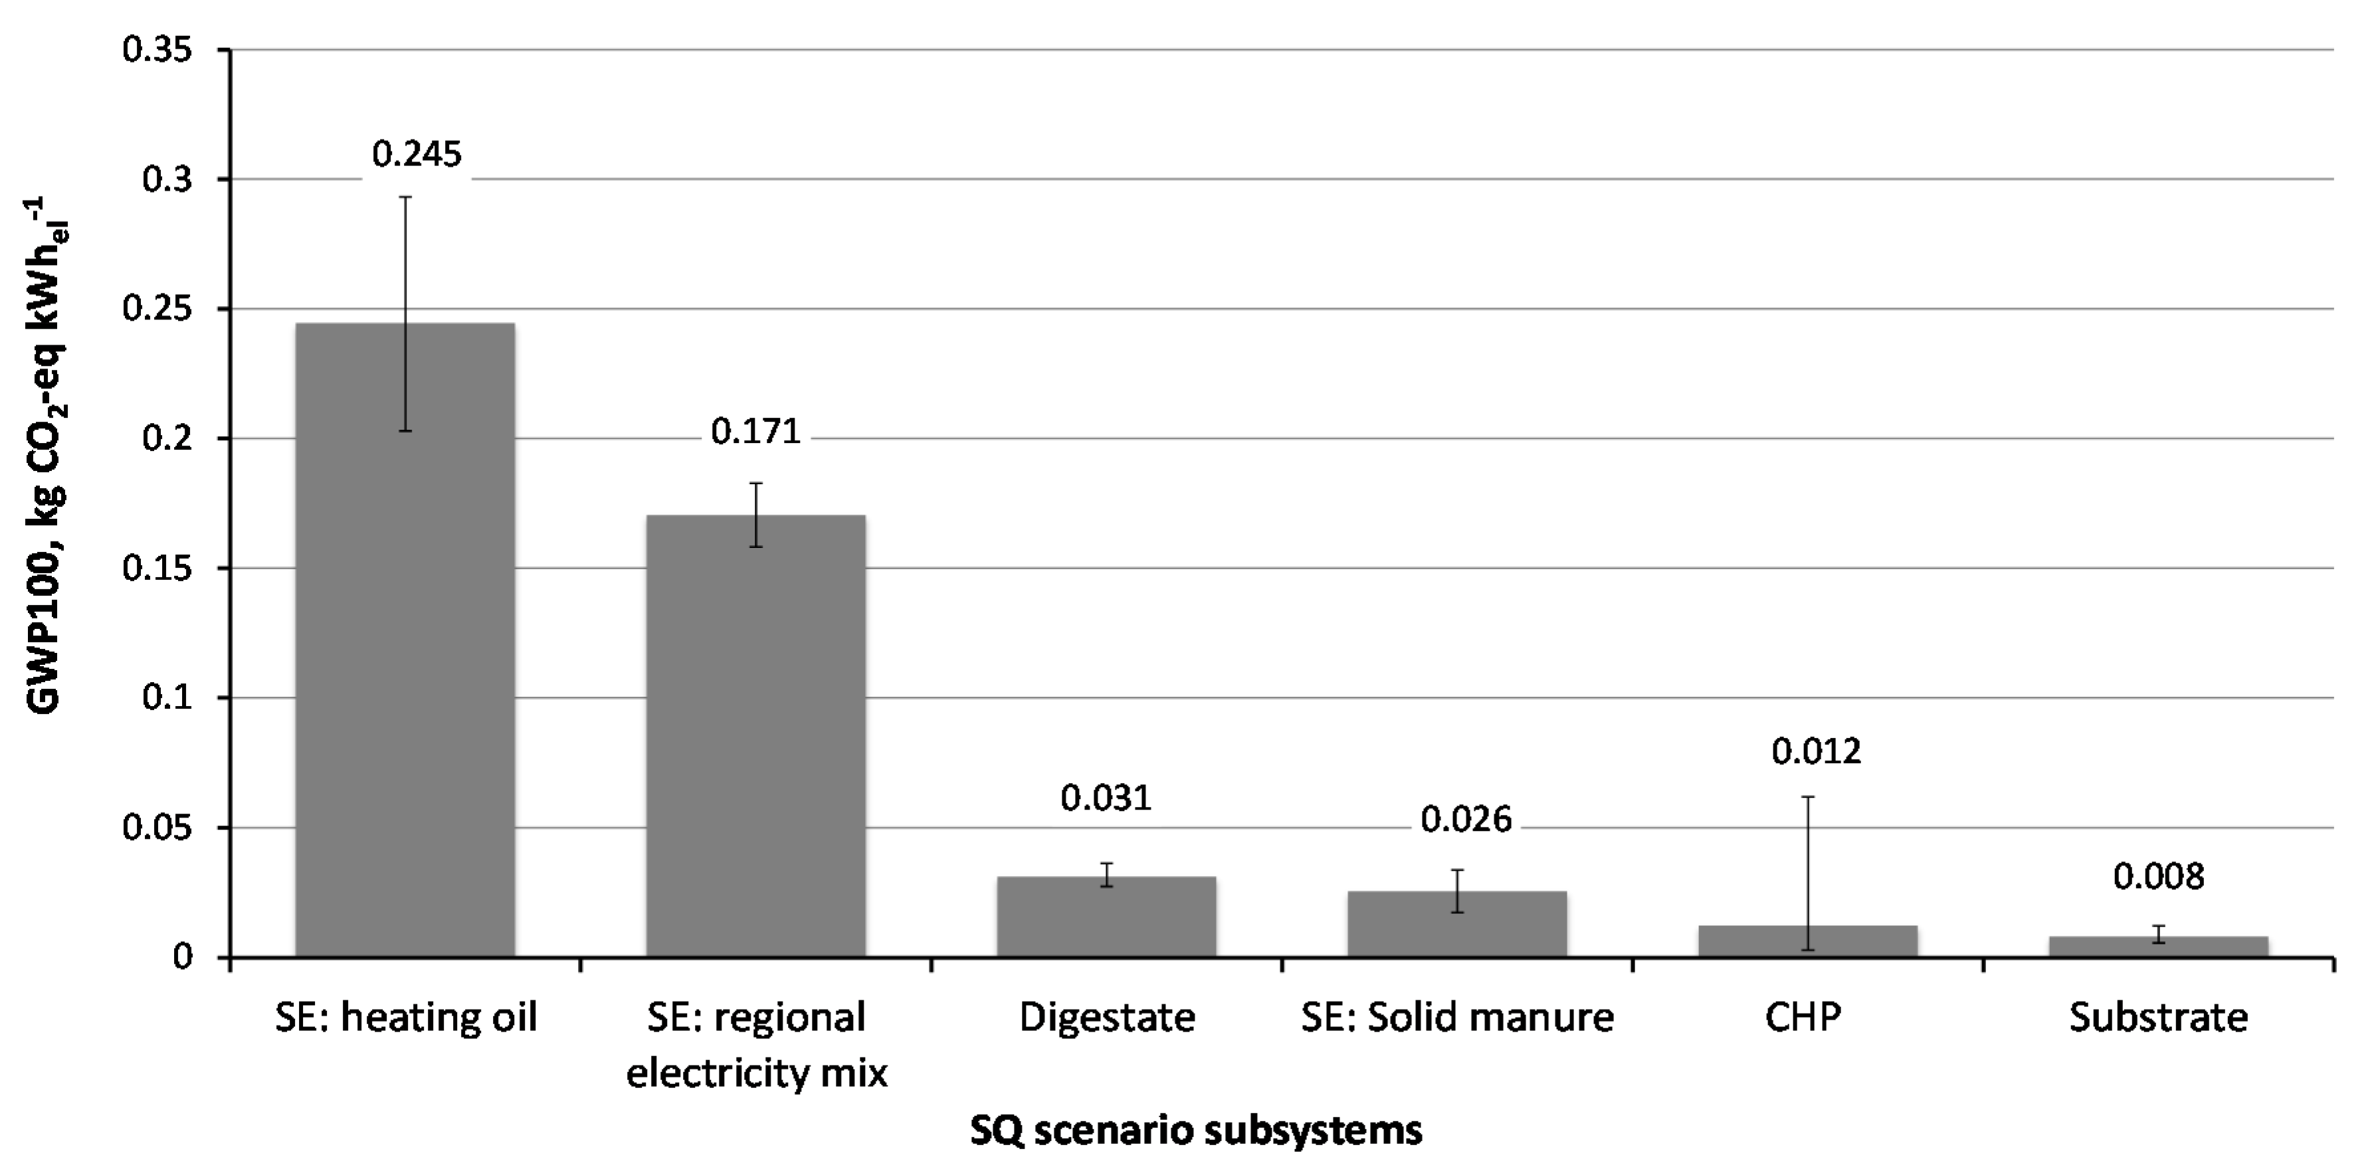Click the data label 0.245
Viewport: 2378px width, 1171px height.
click(x=417, y=154)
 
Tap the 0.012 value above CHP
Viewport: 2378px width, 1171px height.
click(x=1816, y=752)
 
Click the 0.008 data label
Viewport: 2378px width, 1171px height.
click(x=2158, y=877)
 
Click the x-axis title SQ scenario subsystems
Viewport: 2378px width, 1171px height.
click(x=1195, y=1130)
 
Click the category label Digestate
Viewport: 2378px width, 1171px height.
click(x=1107, y=1018)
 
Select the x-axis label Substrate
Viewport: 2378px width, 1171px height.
click(x=2158, y=1018)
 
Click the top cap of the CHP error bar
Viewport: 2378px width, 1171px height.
click(x=1807, y=796)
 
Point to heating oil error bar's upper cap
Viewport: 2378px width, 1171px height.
click(x=405, y=197)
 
